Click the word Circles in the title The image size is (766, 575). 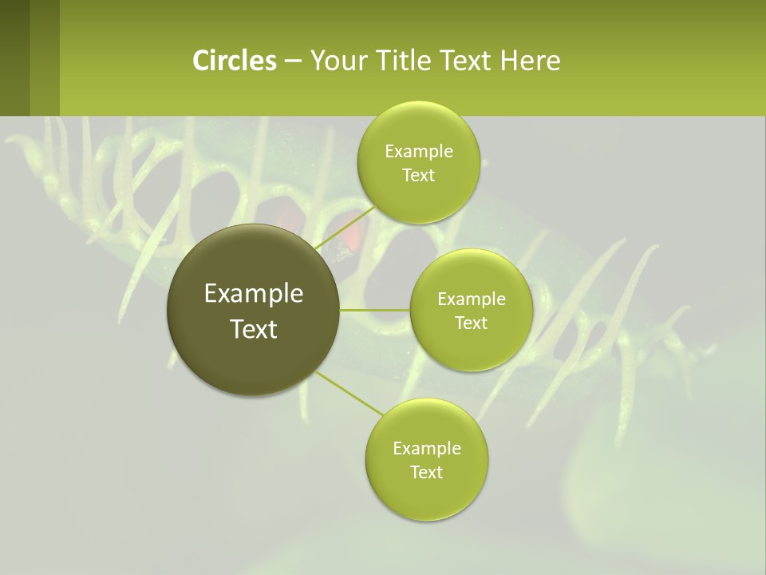(x=234, y=61)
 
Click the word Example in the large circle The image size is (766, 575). (x=253, y=294)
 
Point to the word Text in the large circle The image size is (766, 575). (x=253, y=329)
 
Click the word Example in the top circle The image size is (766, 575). (x=418, y=152)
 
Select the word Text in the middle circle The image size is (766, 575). (x=471, y=323)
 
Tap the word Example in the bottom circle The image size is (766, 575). (x=426, y=449)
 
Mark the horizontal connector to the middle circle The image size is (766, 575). (x=375, y=310)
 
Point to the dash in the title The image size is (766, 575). (x=292, y=61)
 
